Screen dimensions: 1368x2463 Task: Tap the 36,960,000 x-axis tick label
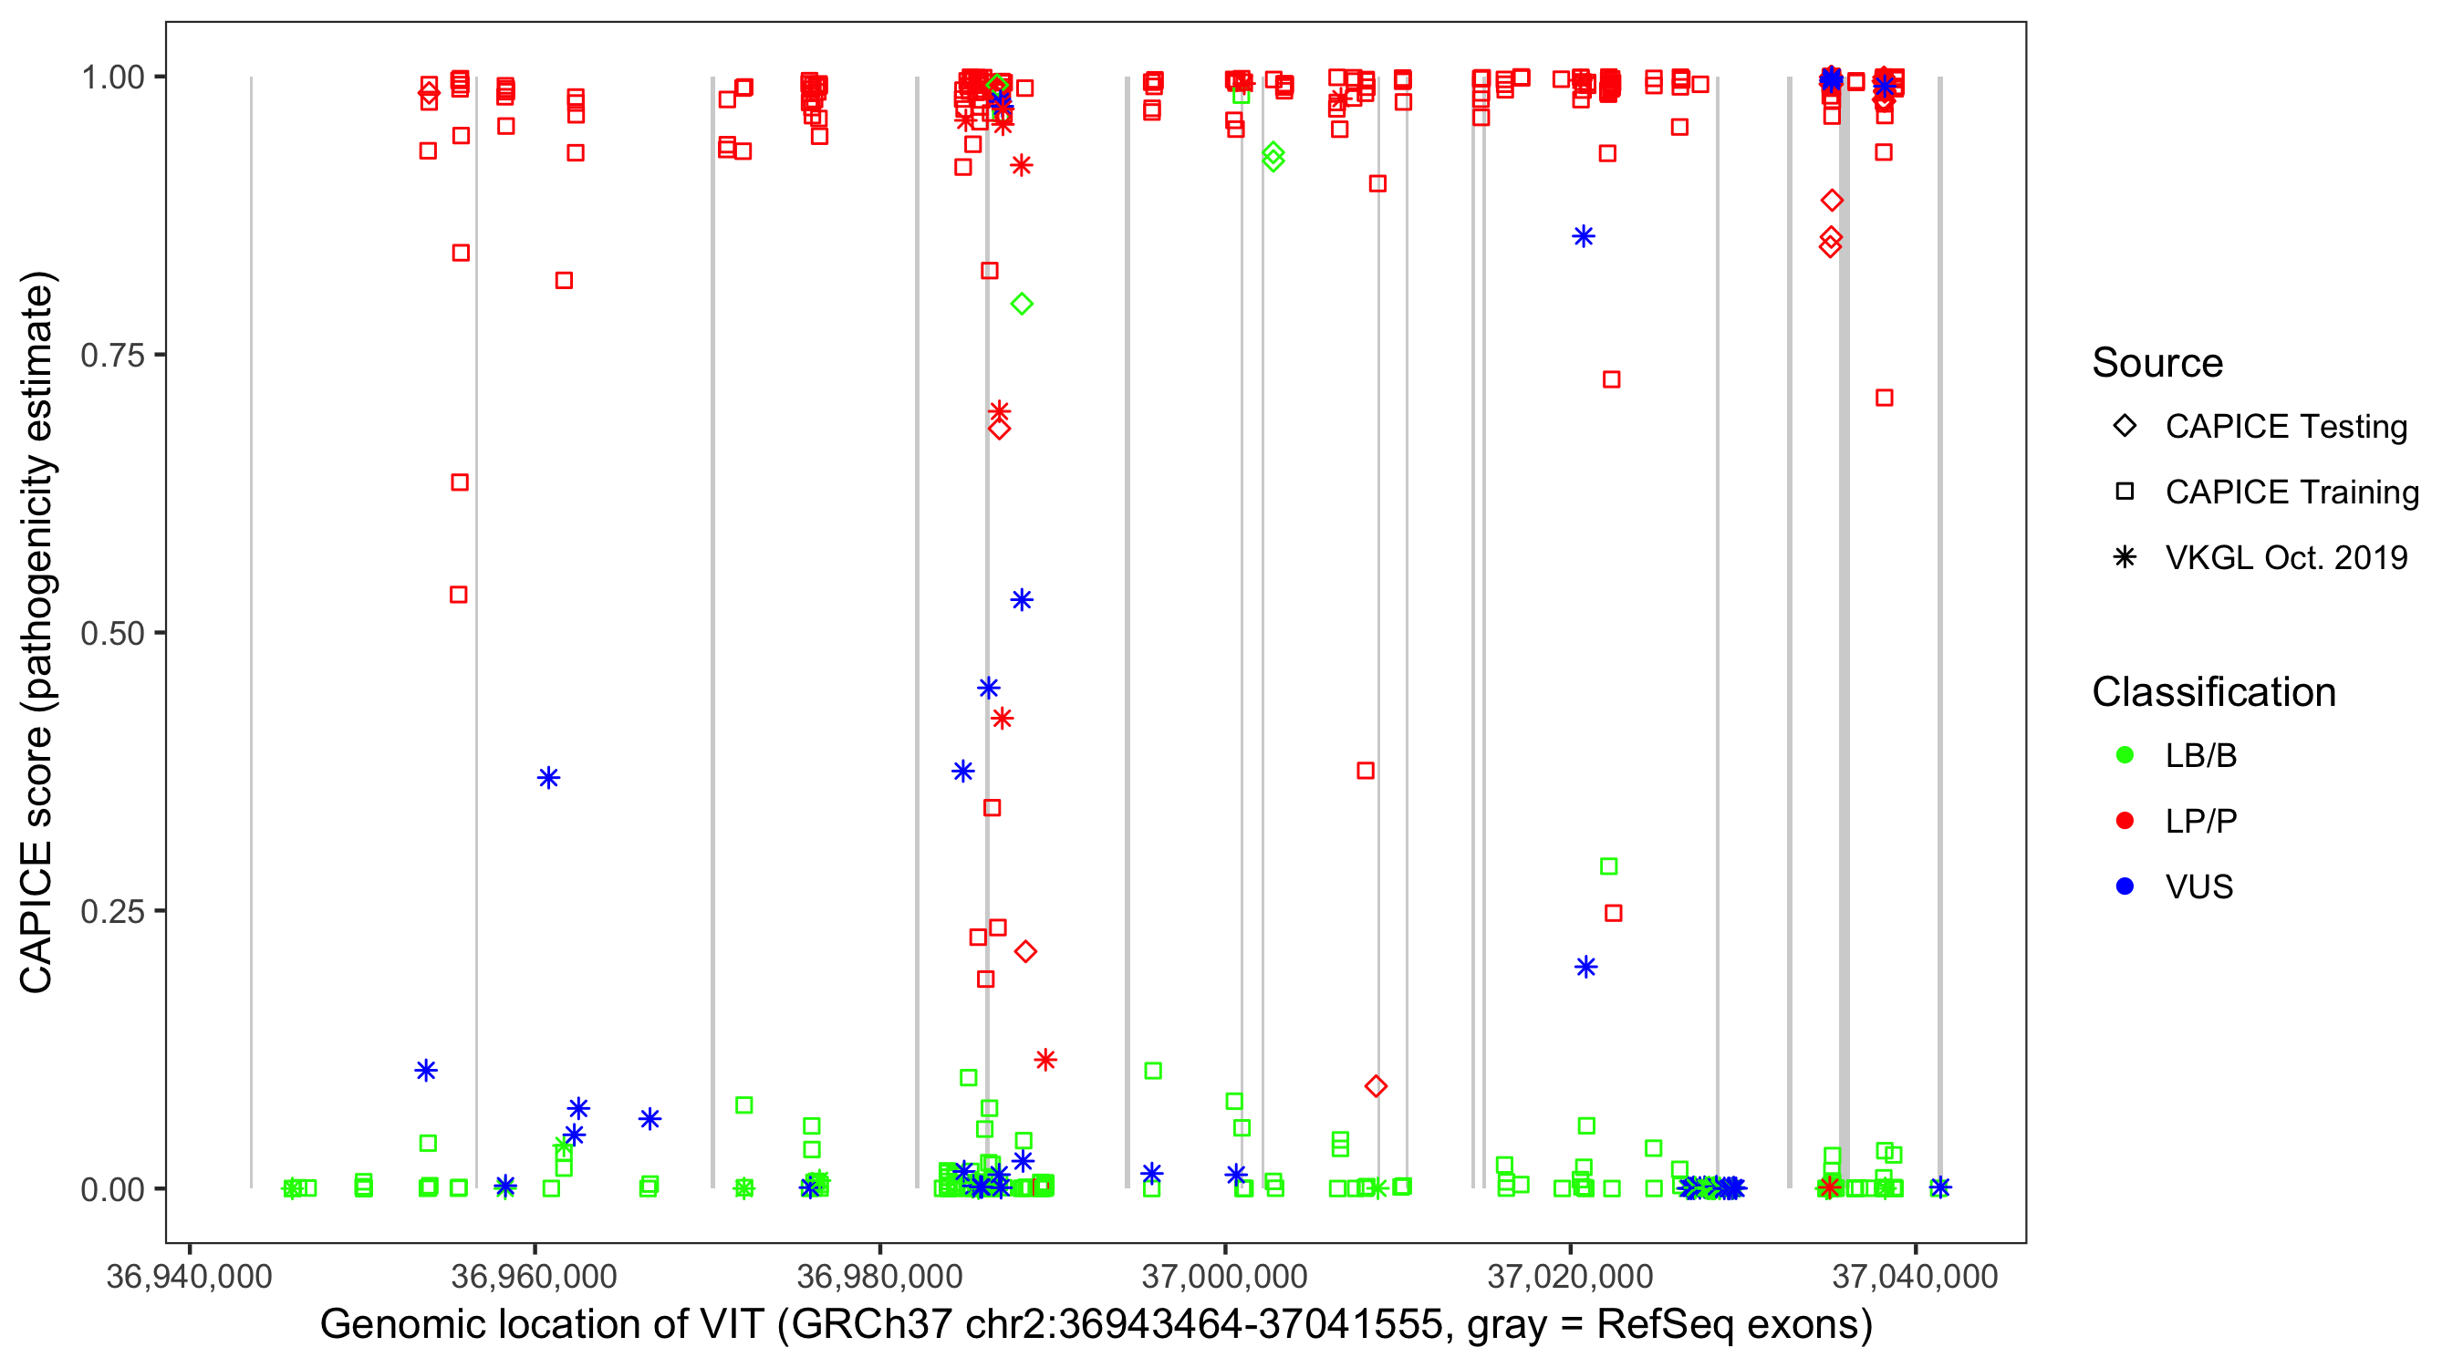click(534, 1276)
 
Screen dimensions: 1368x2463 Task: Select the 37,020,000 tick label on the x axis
click(1570, 1276)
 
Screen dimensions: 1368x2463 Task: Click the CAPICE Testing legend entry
click(2285, 427)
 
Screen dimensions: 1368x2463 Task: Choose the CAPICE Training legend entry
click(2291, 492)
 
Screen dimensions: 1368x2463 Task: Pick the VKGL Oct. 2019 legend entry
click(2285, 557)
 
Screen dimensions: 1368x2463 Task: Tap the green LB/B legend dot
click(2125, 755)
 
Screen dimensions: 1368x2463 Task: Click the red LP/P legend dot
click(2125, 821)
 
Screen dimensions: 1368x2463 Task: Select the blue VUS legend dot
click(2125, 886)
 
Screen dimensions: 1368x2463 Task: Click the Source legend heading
click(2157, 363)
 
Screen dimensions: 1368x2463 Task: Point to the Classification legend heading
click(2213, 692)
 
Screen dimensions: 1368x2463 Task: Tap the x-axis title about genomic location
click(1096, 1325)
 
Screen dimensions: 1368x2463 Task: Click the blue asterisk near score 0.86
click(1584, 236)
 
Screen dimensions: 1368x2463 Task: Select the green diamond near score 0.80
click(1022, 304)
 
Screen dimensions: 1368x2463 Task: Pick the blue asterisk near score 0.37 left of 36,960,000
click(548, 777)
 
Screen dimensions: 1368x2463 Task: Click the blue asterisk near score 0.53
click(1022, 600)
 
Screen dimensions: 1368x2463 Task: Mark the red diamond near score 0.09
click(1376, 1086)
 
